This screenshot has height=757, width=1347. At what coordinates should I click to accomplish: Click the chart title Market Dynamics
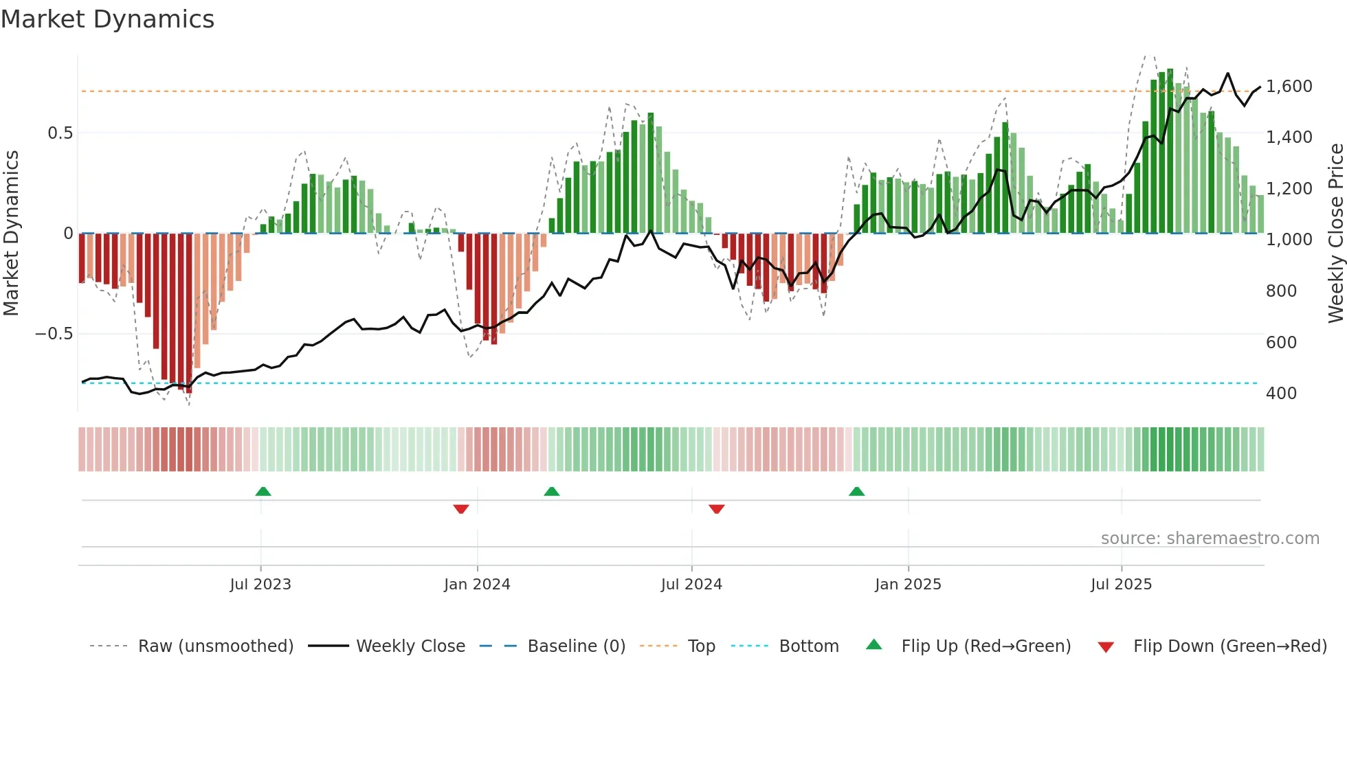pos(107,19)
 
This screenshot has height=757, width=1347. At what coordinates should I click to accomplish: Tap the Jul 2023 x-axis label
pos(260,585)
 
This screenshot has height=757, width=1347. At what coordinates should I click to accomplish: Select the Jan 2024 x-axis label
pos(477,585)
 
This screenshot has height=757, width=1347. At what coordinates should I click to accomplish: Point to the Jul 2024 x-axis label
pos(691,585)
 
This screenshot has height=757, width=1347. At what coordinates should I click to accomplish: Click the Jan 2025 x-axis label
pos(908,585)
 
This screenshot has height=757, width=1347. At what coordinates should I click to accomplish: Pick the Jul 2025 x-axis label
pos(1121,585)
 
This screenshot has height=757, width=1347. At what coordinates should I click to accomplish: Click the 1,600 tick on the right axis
pos(1289,87)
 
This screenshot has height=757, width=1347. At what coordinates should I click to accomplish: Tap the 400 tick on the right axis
pos(1281,394)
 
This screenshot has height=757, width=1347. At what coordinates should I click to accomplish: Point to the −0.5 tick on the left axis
pos(54,334)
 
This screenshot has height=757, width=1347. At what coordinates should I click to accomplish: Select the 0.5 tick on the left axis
pos(60,133)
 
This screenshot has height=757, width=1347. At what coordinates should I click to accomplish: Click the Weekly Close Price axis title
pos(1335,233)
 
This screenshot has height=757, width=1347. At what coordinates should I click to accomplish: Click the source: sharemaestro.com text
pos(1210,539)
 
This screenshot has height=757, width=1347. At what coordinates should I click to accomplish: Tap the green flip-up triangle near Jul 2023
pos(263,492)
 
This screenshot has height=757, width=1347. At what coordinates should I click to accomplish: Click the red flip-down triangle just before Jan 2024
pos(461,509)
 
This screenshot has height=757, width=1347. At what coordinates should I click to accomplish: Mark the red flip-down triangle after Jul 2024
pos(716,509)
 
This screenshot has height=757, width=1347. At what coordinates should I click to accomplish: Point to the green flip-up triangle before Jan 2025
pos(856,492)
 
